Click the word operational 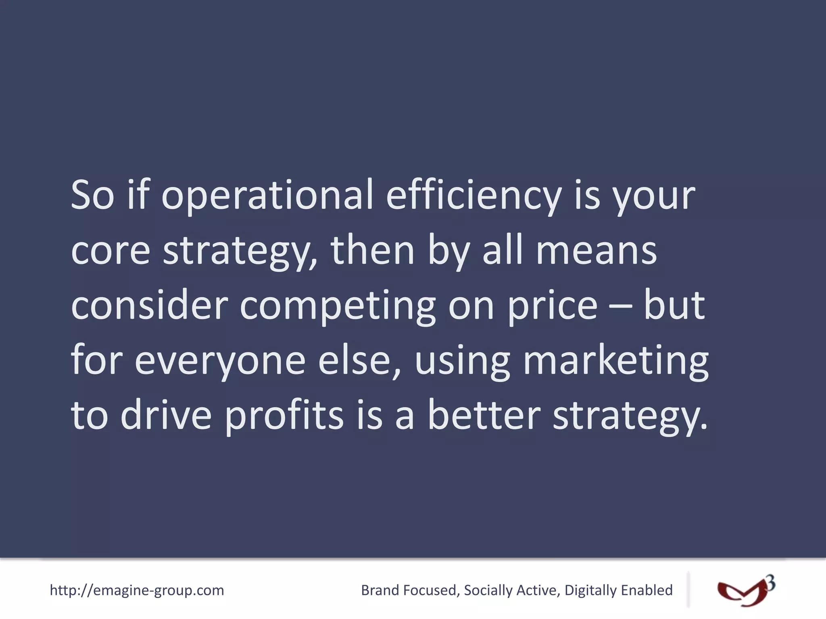coord(267,196)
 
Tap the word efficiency coord(473,196)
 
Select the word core coord(111,251)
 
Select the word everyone coord(220,361)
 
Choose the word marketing coord(615,361)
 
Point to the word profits coord(284,416)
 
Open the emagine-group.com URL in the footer coord(137,590)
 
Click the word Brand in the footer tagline coord(380,590)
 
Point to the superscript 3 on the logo coord(770,584)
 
